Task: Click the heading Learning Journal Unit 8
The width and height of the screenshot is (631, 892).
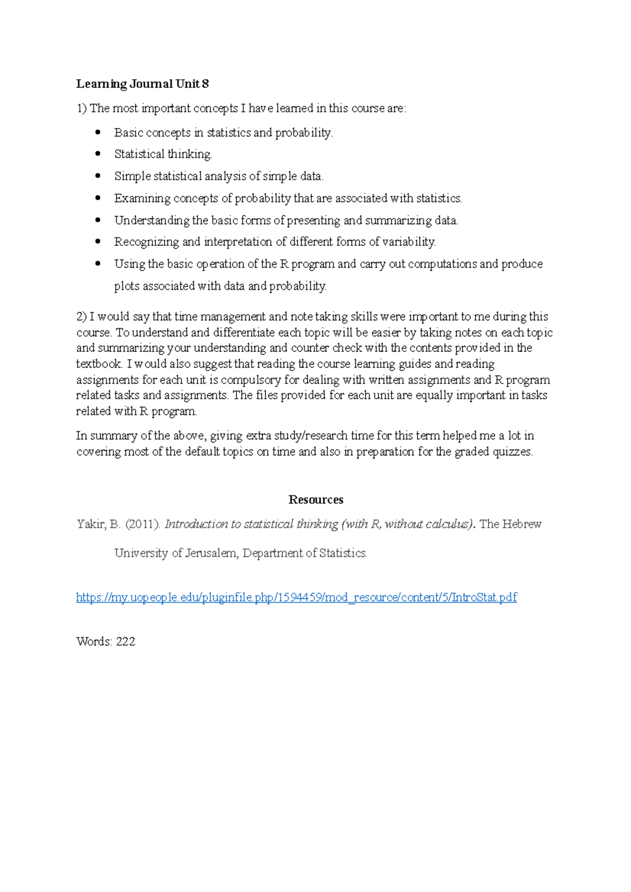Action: coord(143,84)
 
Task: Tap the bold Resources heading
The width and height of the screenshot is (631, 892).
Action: coord(315,500)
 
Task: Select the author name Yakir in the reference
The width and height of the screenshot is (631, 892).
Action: coord(90,524)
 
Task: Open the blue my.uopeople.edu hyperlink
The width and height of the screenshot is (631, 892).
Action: coord(297,597)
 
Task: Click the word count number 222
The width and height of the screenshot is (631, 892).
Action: coord(126,641)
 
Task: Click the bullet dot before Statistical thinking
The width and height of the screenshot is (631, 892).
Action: coord(97,154)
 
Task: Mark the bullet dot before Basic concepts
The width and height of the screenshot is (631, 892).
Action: coord(97,132)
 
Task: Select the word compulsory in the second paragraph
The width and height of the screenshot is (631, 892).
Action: coord(250,380)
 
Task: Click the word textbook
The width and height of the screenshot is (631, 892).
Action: coord(99,364)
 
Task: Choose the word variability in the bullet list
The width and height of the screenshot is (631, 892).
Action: coord(409,242)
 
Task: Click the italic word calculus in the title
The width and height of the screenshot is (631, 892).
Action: coord(451,524)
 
